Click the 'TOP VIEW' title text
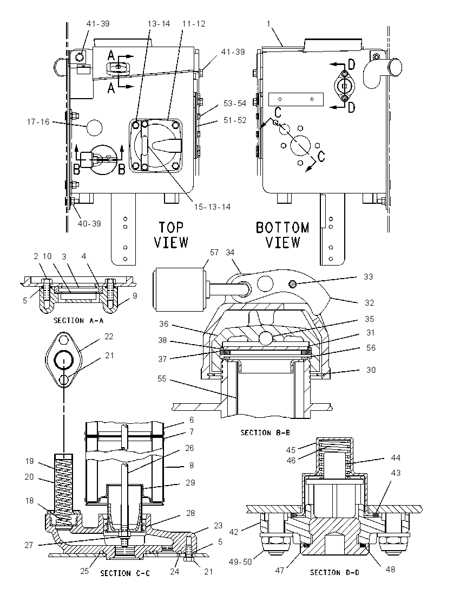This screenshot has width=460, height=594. (172, 235)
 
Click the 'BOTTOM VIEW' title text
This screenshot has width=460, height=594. (282, 235)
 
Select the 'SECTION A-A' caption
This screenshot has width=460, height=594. (78, 320)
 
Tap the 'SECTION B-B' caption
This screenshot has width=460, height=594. (265, 432)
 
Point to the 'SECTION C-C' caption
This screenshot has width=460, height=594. (125, 573)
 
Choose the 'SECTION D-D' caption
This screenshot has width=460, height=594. (335, 572)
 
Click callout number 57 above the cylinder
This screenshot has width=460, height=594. (214, 253)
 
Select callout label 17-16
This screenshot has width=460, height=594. (38, 122)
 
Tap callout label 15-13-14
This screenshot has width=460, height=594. (212, 207)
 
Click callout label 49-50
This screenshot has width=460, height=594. (241, 562)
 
